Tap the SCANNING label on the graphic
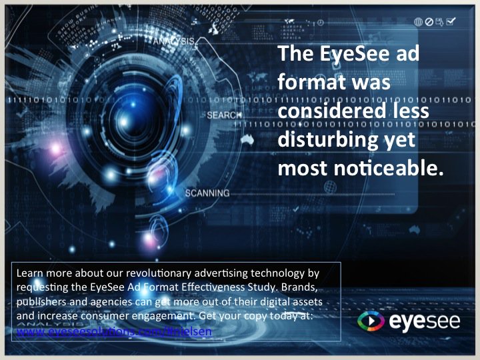(207, 193)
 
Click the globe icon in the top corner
(418, 22)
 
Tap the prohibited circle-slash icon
(429, 22)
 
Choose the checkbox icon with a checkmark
(451, 22)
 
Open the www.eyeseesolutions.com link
(114, 331)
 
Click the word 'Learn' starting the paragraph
(29, 273)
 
